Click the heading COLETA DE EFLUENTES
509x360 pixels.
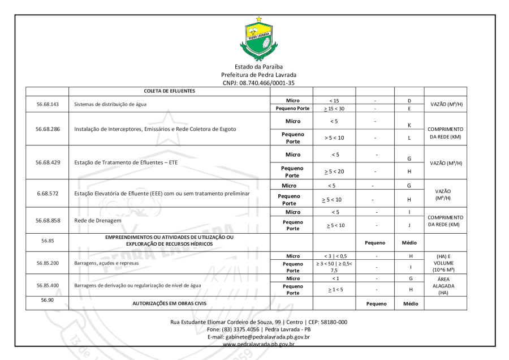coord(170,91)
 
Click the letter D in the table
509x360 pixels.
coord(408,100)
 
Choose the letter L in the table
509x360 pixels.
coord(408,138)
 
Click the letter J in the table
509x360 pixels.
coord(408,225)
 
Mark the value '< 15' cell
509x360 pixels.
coord(334,100)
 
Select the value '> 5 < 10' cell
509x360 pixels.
coord(334,138)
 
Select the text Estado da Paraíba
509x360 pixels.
coord(258,67)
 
